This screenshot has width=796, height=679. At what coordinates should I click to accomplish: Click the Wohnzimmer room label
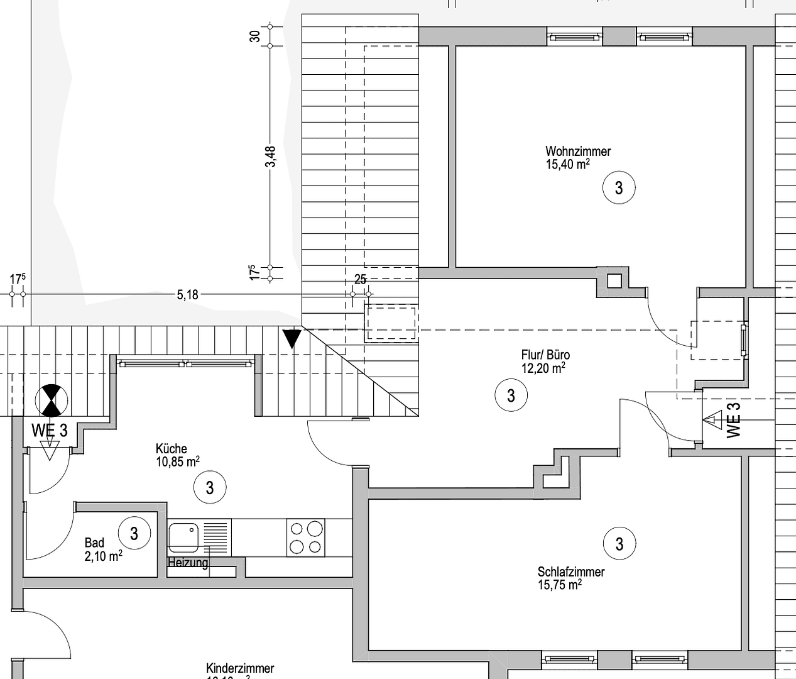coord(577,152)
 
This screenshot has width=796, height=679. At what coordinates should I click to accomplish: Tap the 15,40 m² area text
coord(567,165)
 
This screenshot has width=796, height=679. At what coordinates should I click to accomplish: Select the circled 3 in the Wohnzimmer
coord(619,188)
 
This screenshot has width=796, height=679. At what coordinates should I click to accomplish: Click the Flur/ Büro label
coord(545,355)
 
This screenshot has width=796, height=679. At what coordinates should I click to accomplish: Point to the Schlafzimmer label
coord(570,572)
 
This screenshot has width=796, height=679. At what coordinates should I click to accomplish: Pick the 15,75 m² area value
coord(559,585)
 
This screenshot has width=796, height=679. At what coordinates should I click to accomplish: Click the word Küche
coord(172,449)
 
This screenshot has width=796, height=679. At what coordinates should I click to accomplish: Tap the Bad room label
coord(95,543)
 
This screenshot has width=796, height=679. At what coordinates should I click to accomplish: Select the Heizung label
coord(188,562)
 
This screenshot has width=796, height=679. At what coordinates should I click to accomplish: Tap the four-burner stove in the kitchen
coord(306,538)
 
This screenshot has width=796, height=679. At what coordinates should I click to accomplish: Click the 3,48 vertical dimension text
coord(271,157)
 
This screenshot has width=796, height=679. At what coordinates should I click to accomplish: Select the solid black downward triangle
coord(292,338)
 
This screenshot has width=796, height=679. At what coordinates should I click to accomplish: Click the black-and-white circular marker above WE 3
coord(50,400)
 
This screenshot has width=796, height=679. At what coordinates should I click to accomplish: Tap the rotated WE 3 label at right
coord(733,419)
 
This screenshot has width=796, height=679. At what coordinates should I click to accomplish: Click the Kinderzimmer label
coord(240,669)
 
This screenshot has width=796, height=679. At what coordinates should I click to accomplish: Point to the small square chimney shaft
coord(614,280)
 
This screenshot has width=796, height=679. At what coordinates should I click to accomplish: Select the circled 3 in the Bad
coord(134,534)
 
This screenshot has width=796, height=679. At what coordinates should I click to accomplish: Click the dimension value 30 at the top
coord(255,36)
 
